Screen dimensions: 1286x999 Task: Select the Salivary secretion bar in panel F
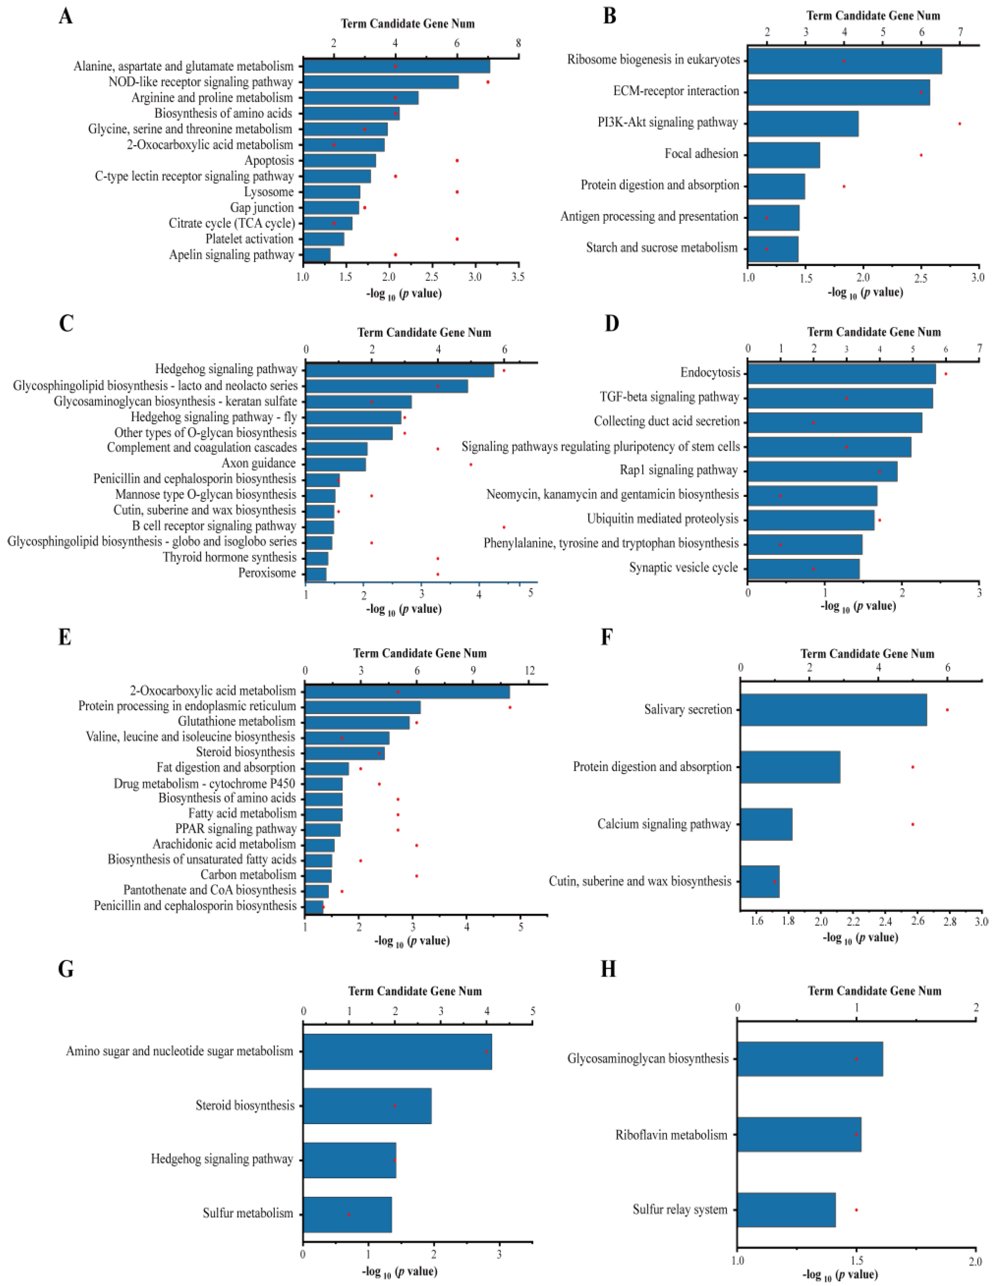(833, 709)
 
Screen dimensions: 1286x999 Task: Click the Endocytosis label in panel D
(710, 373)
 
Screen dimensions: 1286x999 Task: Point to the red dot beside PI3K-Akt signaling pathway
(959, 124)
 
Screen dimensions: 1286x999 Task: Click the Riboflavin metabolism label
(671, 1135)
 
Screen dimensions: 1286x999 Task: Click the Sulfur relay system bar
(786, 1210)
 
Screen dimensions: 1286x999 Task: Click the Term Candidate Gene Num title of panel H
(874, 991)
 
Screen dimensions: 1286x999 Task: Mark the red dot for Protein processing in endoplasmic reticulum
(510, 707)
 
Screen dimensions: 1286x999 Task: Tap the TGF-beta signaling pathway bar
(840, 398)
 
